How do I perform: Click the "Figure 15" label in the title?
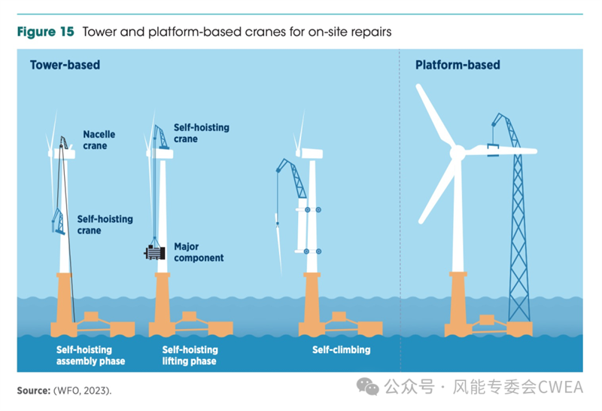(45, 32)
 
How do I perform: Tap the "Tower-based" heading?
(65, 65)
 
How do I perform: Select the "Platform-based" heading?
(458, 65)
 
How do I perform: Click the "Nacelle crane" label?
(99, 140)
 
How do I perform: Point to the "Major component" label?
(199, 252)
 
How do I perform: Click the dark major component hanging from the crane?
(155, 253)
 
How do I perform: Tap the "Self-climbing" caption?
(342, 349)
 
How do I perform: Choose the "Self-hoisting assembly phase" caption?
(90, 355)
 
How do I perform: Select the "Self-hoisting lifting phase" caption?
(190, 355)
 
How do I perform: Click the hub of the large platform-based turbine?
(458, 153)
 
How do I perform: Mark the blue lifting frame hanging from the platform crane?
(493, 151)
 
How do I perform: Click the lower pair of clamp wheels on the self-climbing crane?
(312, 251)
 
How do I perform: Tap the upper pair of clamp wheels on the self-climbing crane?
(313, 210)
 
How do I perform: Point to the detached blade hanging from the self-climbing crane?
(278, 244)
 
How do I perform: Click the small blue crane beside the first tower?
(59, 221)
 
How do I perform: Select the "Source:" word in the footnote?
(34, 391)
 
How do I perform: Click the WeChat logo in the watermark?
(368, 386)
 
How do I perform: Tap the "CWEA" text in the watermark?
(560, 387)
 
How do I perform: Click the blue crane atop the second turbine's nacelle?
(161, 137)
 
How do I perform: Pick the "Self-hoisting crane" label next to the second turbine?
(202, 133)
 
